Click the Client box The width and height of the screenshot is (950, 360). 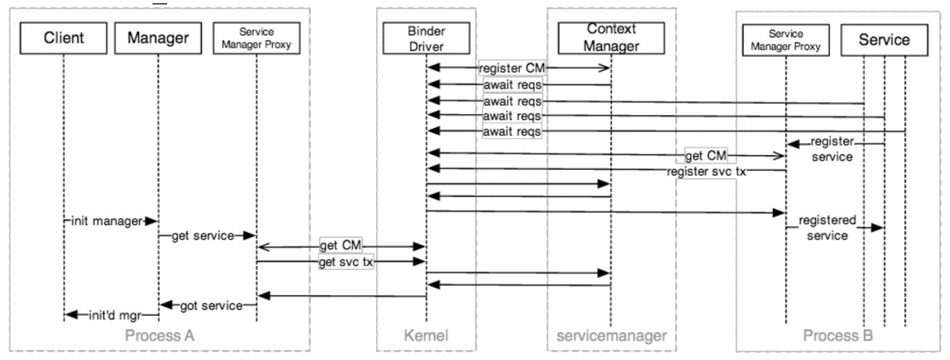click(64, 38)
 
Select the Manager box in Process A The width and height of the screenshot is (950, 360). click(158, 38)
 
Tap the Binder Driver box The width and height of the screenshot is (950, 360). click(426, 38)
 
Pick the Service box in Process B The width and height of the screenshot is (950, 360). click(884, 39)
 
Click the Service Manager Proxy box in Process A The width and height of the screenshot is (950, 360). click(257, 38)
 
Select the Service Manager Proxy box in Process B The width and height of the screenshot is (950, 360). click(785, 39)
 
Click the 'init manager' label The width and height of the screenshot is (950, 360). click(106, 221)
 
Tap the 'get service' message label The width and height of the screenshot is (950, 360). click(202, 235)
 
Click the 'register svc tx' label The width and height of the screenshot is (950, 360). click(706, 171)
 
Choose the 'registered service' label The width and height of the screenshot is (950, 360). click(827, 227)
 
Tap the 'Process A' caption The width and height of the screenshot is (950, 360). click(159, 335)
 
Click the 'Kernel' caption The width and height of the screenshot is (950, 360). click(426, 335)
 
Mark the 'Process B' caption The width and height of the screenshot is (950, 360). click(838, 335)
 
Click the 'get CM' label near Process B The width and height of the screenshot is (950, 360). click(706, 156)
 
